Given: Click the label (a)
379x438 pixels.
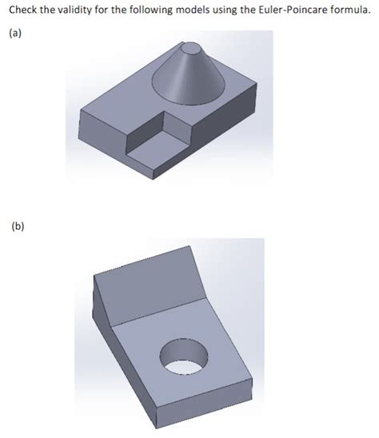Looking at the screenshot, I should (15, 34).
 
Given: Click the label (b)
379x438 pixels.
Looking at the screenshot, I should (18, 226).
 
